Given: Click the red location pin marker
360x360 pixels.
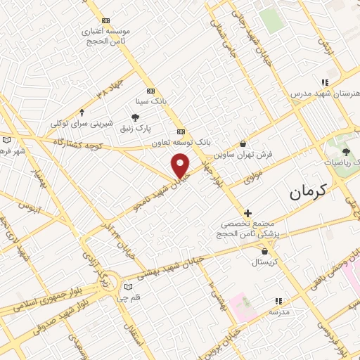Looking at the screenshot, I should (181, 165).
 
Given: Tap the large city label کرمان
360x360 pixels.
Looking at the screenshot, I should (309, 190).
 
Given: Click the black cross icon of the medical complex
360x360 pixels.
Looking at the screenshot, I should (247, 213).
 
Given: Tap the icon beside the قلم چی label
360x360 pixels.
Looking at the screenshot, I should (127, 286).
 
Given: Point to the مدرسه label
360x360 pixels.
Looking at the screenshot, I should (281, 310).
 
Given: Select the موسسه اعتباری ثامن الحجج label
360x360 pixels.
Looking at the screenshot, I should (105, 37).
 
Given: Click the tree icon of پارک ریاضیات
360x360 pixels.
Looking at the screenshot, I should (345, 151).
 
